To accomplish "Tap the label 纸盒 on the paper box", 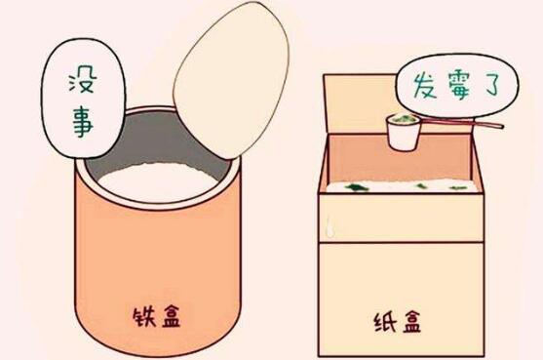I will [x=396, y=321].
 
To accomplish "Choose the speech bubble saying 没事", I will [x=76, y=98].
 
